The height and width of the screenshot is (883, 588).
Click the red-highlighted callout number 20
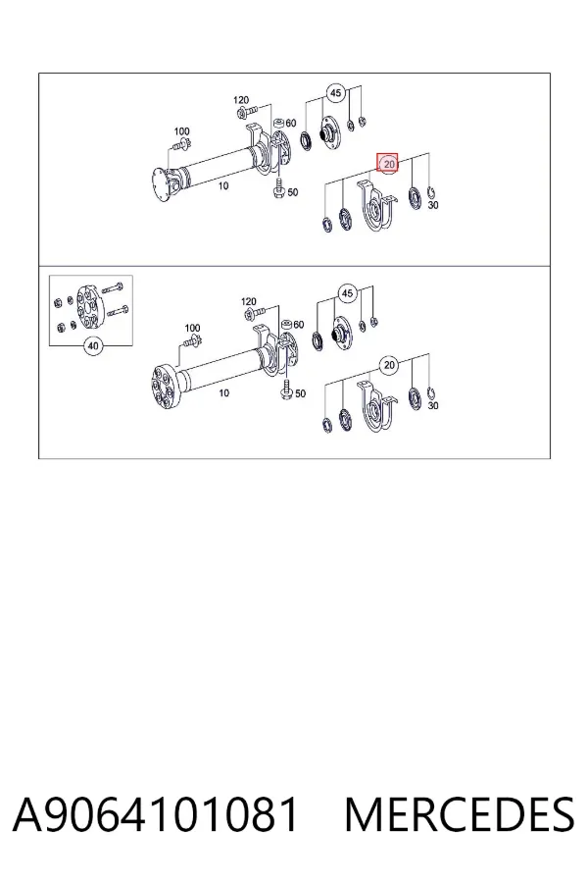click(388, 165)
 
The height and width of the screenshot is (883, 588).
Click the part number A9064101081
click(155, 814)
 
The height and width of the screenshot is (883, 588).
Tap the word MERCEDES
click(460, 814)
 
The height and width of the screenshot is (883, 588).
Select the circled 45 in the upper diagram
click(336, 93)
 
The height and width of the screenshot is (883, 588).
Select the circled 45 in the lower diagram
click(348, 293)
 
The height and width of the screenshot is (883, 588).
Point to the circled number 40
click(93, 345)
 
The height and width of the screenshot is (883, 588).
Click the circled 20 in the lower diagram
click(389, 366)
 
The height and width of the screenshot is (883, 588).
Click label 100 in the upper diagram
click(181, 131)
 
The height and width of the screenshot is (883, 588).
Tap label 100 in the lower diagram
click(192, 328)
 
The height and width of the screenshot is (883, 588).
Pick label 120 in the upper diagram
click(241, 100)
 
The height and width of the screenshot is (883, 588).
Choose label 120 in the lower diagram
click(248, 302)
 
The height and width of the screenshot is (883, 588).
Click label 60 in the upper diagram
click(290, 123)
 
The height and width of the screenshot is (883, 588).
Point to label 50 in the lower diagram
click(301, 393)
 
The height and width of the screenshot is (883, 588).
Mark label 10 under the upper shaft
click(223, 185)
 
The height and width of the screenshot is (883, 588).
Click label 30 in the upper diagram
click(433, 206)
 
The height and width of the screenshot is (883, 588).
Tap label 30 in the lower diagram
click(433, 405)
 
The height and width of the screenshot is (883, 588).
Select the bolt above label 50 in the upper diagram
click(279, 188)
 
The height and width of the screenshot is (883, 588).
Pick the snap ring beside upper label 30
click(430, 192)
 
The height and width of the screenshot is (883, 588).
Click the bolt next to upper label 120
click(247, 110)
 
